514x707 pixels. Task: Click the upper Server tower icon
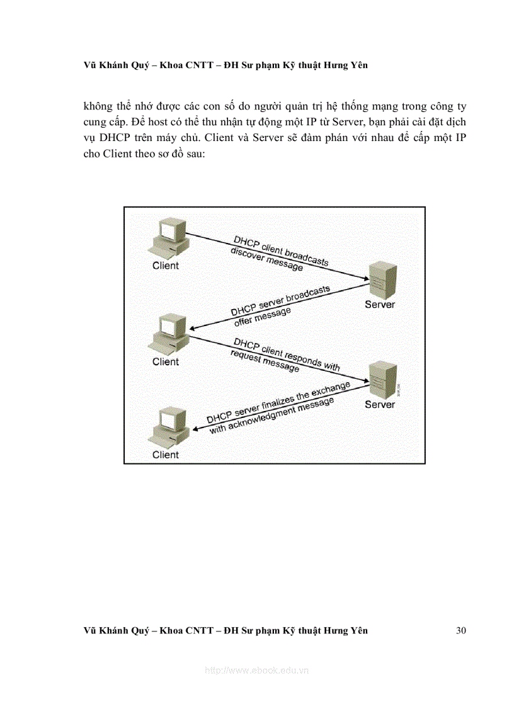click(382, 281)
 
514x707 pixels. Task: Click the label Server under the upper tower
click(380, 305)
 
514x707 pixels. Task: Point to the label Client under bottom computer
click(166, 455)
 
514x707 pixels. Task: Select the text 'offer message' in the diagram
click(263, 315)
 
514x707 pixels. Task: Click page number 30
click(460, 630)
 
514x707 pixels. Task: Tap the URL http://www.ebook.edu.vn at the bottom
click(257, 671)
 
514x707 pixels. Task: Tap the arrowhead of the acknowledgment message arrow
click(195, 429)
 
